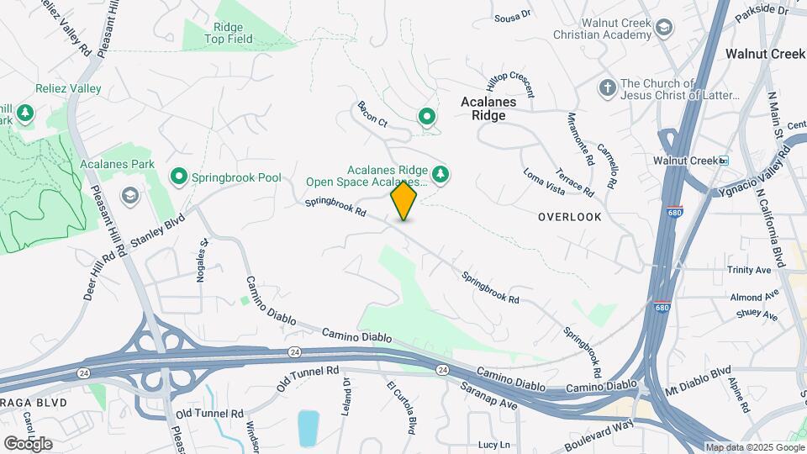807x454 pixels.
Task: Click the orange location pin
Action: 404,200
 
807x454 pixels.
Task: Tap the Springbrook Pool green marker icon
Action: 178,177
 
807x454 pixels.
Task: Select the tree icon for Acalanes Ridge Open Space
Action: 440,175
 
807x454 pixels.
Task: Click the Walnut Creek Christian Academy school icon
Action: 664,29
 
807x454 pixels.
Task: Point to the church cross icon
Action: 607,87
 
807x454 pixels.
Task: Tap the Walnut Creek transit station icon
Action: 723,160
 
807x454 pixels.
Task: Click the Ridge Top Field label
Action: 229,33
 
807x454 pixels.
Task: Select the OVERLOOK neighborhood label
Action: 570,217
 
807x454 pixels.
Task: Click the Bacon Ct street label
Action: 372,114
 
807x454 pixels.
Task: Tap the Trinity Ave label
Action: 750,271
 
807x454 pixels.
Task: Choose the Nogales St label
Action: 202,260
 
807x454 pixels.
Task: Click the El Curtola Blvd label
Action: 401,408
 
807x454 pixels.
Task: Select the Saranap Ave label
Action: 488,395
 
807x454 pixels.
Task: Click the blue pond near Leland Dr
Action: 308,428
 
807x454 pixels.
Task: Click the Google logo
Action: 27,443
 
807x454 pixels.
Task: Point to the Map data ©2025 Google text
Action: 754,447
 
